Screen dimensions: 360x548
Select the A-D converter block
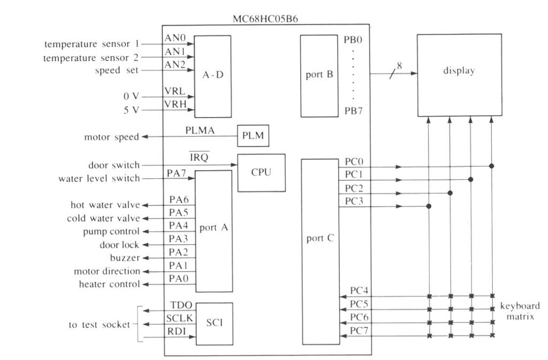pos(212,76)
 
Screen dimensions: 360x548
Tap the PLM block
pos(253,135)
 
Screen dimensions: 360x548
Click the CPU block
pos(261,173)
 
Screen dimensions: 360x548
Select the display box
pos(459,75)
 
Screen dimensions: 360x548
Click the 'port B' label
pos(318,75)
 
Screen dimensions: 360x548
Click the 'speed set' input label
pos(117,71)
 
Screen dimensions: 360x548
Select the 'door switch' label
pos(114,165)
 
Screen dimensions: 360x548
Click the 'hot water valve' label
pos(105,205)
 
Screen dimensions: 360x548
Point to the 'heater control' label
pos(109,284)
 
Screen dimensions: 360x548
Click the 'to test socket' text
pos(100,325)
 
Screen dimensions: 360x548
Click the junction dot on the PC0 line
pos(491,166)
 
